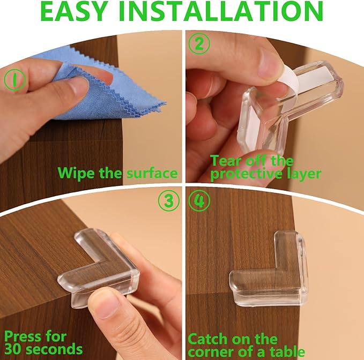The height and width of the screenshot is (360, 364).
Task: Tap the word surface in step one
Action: [x=152, y=173]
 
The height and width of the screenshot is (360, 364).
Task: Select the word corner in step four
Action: [x=211, y=352]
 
